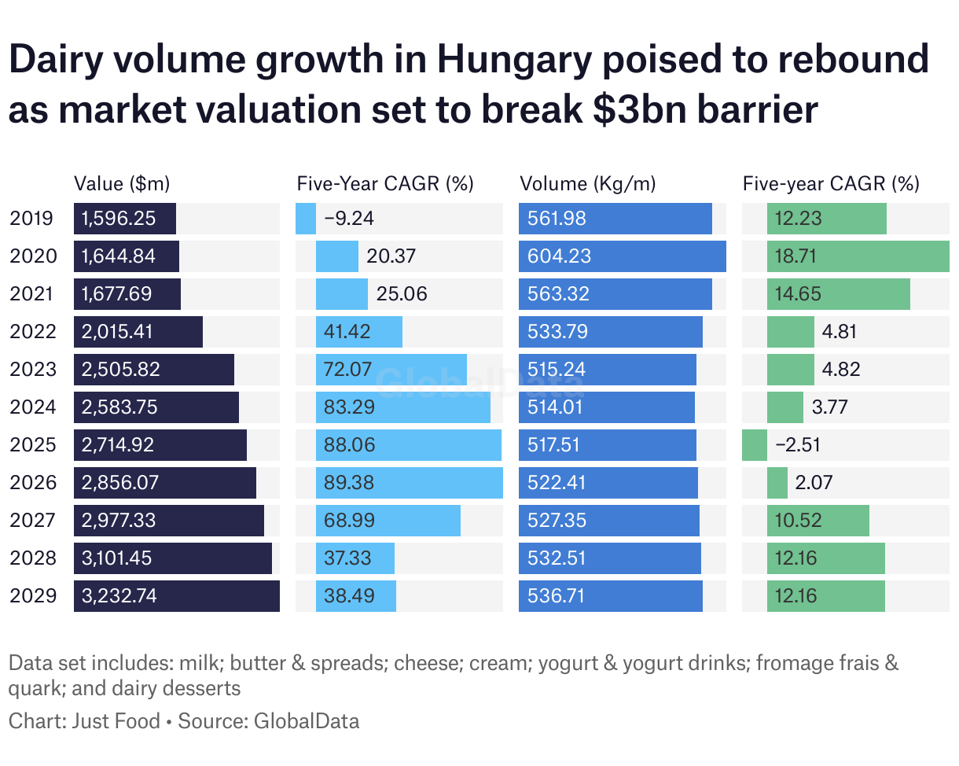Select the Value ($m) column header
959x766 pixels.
click(x=122, y=184)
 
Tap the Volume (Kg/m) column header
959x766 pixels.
click(x=588, y=184)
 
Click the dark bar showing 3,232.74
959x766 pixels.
click(x=177, y=596)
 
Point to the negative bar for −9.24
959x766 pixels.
click(x=306, y=219)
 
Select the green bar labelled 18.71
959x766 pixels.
click(x=858, y=256)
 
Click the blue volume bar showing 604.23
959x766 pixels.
click(x=623, y=256)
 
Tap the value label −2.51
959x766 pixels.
click(x=798, y=445)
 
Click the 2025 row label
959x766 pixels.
click(x=33, y=445)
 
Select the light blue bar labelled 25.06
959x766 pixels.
click(x=342, y=294)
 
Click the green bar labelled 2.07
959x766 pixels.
click(x=777, y=483)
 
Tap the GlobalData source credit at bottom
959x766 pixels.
click(x=307, y=721)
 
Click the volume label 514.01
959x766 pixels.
click(x=558, y=407)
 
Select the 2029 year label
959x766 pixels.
click(x=33, y=596)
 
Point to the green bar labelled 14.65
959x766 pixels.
click(x=839, y=294)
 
